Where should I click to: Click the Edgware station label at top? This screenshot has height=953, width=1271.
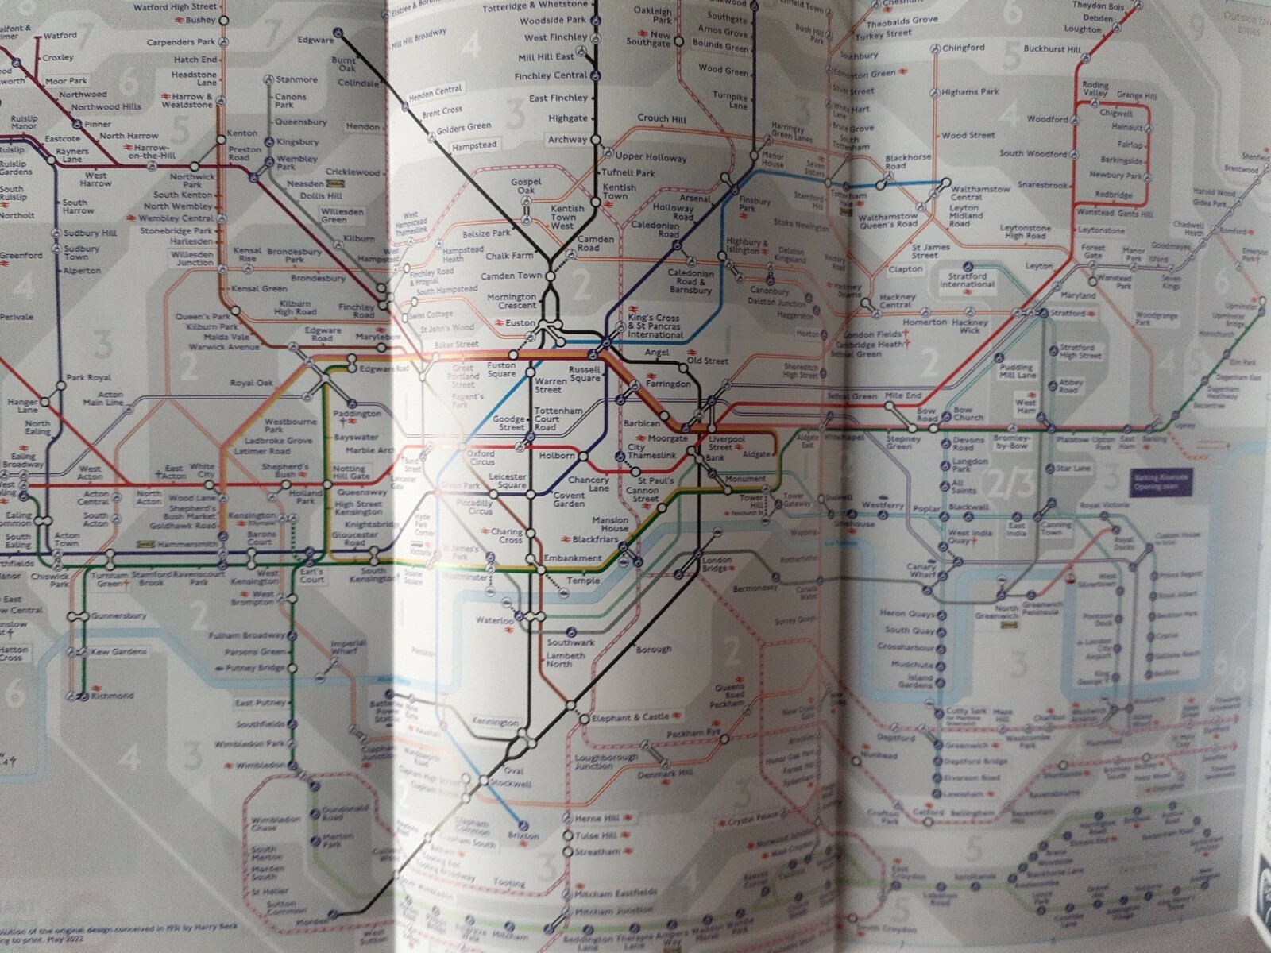coord(315,40)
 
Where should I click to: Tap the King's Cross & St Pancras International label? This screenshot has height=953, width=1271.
coord(655,326)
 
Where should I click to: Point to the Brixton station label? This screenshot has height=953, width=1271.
coord(523,835)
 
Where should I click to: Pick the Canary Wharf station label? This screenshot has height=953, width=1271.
coord(921,570)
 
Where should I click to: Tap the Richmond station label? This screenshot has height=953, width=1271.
coord(112,696)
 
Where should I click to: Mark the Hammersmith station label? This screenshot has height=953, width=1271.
coord(188,545)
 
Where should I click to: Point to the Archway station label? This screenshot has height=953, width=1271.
coord(567,140)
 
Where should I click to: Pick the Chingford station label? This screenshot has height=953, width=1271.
coord(963,48)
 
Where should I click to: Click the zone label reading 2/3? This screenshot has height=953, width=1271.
coord(1006,484)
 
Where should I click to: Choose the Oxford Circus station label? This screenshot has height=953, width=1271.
coord(481,457)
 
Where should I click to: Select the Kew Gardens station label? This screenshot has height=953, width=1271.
coord(119,652)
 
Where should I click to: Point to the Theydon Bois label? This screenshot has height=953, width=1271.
coord(1099,6)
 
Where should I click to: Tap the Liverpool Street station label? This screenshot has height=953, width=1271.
coord(726,442)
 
